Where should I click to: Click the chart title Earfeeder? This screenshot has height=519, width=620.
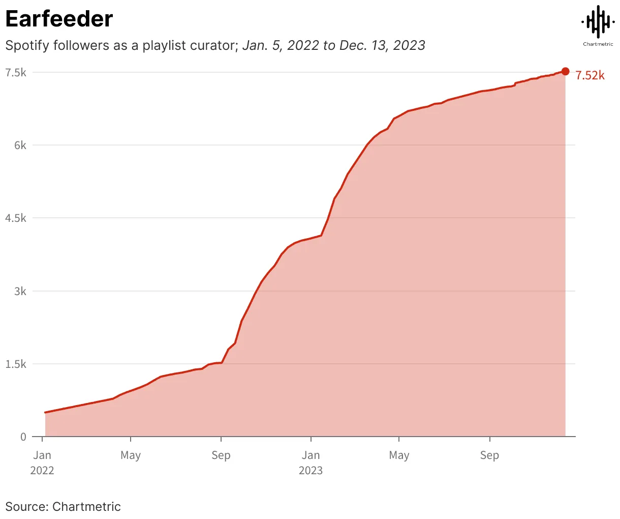(x=59, y=19)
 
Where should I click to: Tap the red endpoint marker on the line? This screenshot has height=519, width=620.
(x=565, y=72)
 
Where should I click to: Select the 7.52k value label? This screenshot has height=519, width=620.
(x=590, y=76)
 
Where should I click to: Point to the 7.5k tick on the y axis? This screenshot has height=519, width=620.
(x=16, y=73)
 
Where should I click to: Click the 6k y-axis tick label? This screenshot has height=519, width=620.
(x=20, y=146)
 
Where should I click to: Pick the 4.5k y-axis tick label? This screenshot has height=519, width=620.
(x=16, y=218)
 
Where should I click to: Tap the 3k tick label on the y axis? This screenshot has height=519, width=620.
(x=20, y=292)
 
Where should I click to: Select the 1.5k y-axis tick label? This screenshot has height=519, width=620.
(x=16, y=364)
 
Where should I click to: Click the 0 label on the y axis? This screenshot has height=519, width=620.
(x=23, y=437)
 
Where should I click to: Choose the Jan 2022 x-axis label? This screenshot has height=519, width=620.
(x=42, y=462)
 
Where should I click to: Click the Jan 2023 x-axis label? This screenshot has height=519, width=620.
(x=311, y=462)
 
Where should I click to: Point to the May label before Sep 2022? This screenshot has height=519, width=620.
(x=131, y=455)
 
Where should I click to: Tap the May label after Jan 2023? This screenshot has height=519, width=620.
(x=399, y=455)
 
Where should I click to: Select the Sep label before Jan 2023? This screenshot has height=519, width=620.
(x=221, y=455)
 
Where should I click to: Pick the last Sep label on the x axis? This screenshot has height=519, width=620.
(x=489, y=455)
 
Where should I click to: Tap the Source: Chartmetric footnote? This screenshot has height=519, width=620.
(x=63, y=507)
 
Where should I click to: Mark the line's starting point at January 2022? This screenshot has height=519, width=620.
(x=45, y=412)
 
